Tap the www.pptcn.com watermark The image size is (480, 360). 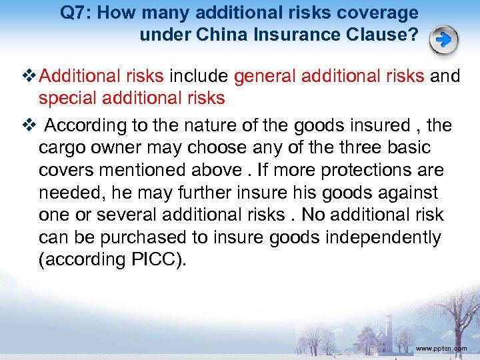pos(441,349)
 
